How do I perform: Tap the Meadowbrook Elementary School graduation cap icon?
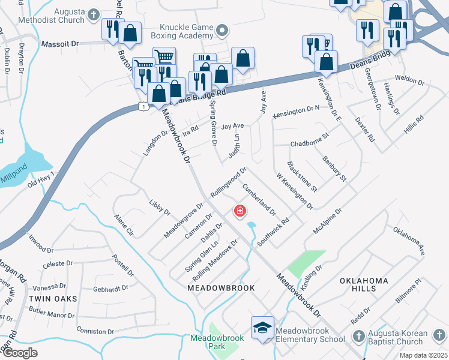262,328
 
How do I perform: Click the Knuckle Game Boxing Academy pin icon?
223,30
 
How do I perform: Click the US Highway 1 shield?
143,106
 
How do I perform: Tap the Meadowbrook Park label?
217,342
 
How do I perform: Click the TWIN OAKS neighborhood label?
52,298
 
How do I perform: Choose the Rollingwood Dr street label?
228,183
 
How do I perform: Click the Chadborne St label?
310,143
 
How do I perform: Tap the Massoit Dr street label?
60,44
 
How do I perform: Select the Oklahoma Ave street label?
409,241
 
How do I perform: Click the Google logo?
20,353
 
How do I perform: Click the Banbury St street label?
334,169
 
